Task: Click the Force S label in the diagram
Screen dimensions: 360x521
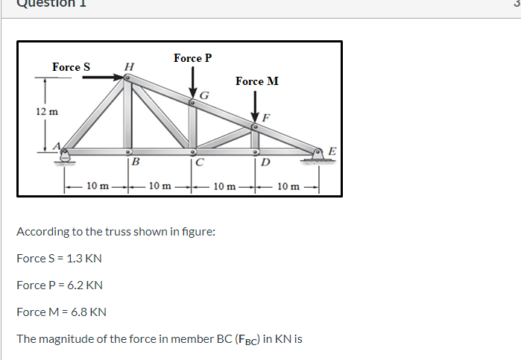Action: (71, 67)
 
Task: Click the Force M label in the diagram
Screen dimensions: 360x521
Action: (257, 81)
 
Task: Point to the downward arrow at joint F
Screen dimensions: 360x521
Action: (255, 109)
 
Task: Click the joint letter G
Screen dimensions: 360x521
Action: (204, 94)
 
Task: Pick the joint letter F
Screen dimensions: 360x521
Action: (266, 117)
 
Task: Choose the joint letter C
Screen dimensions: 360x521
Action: (200, 163)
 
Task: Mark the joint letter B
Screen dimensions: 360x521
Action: (136, 162)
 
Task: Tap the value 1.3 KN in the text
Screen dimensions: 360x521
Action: (84, 258)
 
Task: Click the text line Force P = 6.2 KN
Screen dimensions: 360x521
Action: (60, 285)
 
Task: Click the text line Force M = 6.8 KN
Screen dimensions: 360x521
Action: (61, 312)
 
